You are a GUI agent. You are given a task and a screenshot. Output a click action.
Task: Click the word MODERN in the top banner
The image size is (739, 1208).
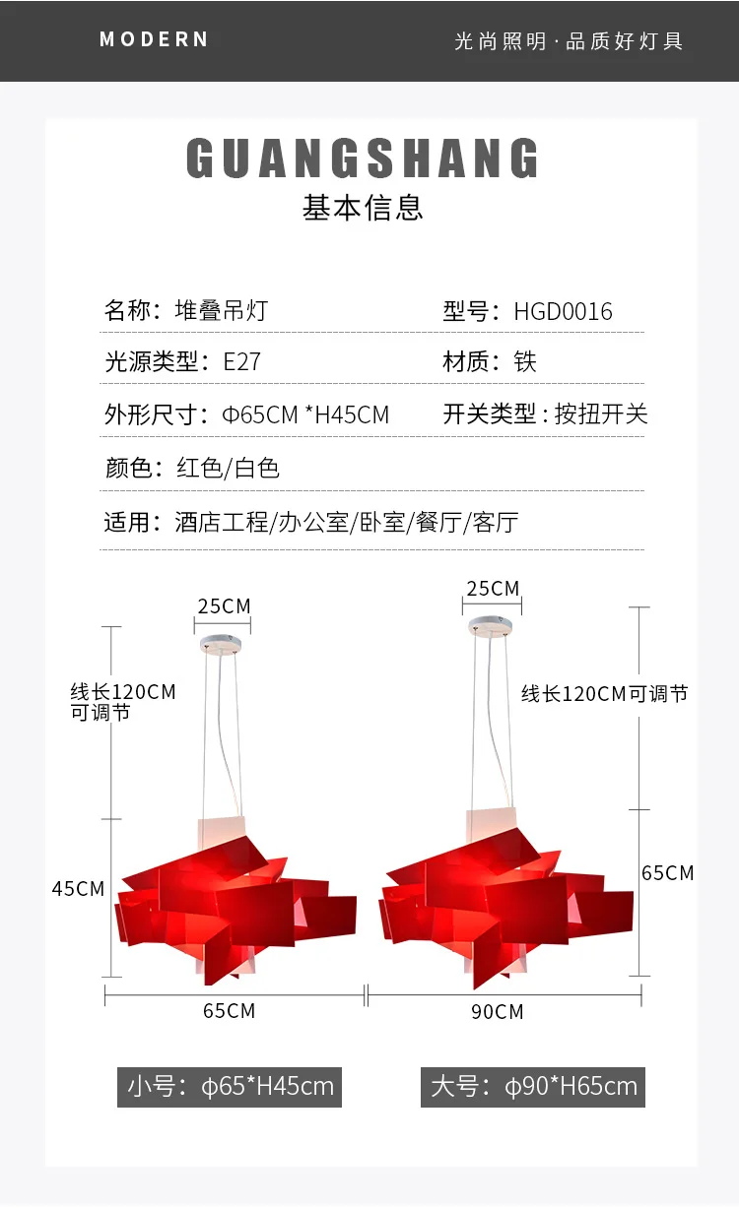pos(154,39)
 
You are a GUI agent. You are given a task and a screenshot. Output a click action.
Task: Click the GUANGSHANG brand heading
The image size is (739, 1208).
pos(364,159)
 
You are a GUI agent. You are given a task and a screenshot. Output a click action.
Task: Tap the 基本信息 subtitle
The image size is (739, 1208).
pos(363,208)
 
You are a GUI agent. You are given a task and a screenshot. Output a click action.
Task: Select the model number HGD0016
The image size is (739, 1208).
pos(563,312)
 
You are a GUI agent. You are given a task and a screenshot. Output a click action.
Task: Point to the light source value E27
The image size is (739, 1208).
pos(241,361)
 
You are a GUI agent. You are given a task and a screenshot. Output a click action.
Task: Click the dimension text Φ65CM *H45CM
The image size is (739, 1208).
pos(305,414)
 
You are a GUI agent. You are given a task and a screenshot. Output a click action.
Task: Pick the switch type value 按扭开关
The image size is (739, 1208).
pos(601,414)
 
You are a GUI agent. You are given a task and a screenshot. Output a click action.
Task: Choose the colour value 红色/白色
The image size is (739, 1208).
pos(228,468)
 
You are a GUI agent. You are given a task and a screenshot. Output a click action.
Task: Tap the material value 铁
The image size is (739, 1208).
pos(525,361)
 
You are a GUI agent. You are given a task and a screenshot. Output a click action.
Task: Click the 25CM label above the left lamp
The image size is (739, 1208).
pos(224,605)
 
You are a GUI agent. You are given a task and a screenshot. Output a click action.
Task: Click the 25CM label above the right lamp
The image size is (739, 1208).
pos(493,589)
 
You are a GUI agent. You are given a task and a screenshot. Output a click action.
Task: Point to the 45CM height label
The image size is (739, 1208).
pos(78,888)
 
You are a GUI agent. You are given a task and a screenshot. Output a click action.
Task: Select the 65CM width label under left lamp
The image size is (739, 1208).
pos(229,1011)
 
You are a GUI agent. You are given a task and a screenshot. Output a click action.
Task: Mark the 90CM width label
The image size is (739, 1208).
pos(497,1011)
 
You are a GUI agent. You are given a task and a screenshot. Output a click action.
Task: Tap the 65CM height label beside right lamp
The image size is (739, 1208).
pos(667,872)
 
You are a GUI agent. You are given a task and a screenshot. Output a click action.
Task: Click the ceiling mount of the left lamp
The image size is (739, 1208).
pos(225,644)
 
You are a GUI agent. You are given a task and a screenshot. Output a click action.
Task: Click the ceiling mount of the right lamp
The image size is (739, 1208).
pos(490,626)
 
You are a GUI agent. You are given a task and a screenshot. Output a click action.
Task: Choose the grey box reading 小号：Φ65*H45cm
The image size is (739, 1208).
pos(230,1087)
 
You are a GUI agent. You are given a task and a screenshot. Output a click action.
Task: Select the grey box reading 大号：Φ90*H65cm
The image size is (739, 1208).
pos(533,1087)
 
